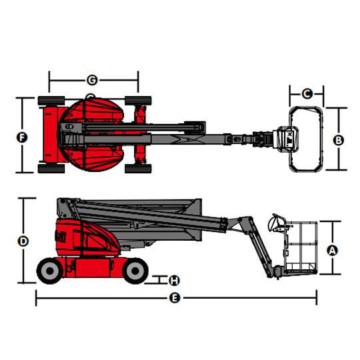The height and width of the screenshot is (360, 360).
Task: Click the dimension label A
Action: (x=332, y=250)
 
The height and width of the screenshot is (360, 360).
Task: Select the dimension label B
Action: (x=339, y=140)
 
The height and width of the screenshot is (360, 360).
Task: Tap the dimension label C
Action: (x=307, y=94)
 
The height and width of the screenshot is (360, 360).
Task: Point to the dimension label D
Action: (x=23, y=241)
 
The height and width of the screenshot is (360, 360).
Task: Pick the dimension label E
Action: (x=175, y=298)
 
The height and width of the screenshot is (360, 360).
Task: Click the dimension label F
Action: (x=22, y=138)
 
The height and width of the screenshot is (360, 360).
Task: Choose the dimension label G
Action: (x=92, y=80)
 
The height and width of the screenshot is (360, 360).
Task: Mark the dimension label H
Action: (x=174, y=280)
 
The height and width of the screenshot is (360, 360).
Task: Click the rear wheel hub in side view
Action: (x=50, y=271)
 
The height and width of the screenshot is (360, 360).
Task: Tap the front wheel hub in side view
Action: (x=135, y=271)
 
